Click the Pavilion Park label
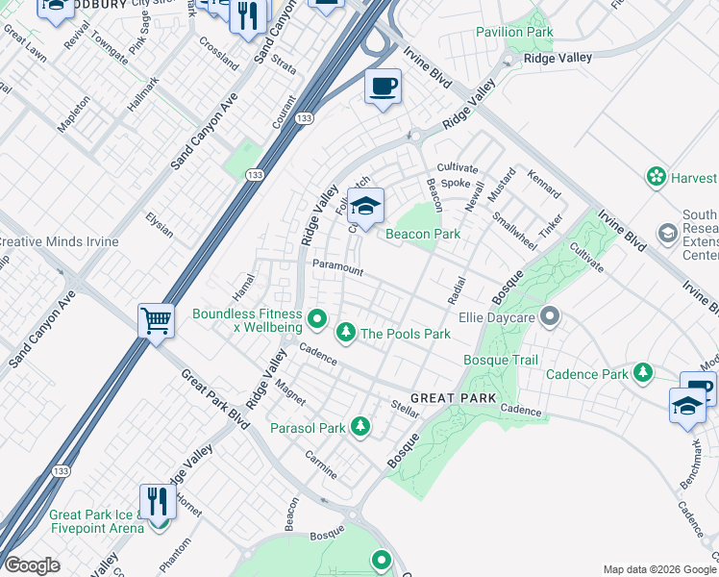pyautogui.click(x=514, y=33)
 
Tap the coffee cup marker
pyautogui.click(x=383, y=88)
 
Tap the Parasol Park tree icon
pyautogui.click(x=360, y=425)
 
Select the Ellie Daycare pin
pyautogui.click(x=550, y=314)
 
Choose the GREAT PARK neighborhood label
pyautogui.click(x=454, y=398)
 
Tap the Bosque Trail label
pyautogui.click(x=501, y=360)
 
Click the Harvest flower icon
pyautogui.click(x=657, y=178)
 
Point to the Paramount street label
pyautogui.click(x=338, y=268)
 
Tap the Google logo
pyautogui.click(x=32, y=565)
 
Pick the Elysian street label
pyautogui.click(x=160, y=225)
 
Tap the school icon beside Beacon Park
pyautogui.click(x=365, y=206)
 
